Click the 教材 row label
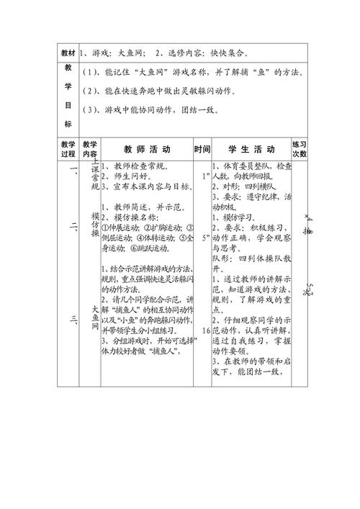click(x=68, y=54)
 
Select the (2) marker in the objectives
click(x=91, y=92)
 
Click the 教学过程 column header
click(x=68, y=149)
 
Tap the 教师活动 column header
click(x=147, y=150)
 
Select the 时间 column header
click(x=202, y=150)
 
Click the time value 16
click(x=207, y=310)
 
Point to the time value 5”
click(x=206, y=236)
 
